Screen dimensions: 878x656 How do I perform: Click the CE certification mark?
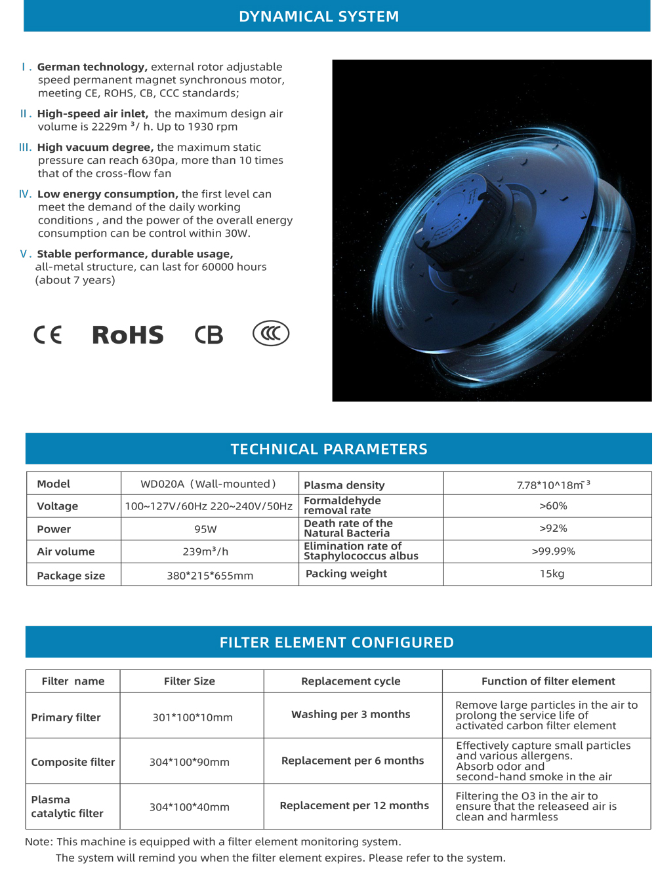tap(47, 335)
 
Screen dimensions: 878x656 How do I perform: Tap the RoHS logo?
tap(127, 335)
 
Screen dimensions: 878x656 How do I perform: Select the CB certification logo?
tap(209, 335)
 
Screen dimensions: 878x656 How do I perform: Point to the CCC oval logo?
tap(270, 334)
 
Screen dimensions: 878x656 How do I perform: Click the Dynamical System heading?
tap(319, 16)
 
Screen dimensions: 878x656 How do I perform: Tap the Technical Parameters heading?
tap(329, 449)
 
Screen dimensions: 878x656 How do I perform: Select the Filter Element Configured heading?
tap(337, 643)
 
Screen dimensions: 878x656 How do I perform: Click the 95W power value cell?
tap(205, 529)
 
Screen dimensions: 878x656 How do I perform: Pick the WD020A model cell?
tap(209, 484)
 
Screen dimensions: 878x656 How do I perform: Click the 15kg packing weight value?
tap(552, 574)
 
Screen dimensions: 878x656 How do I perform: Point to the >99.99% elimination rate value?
tap(553, 551)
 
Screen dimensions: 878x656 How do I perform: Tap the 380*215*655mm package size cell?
tap(210, 576)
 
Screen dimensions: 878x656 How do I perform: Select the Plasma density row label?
tap(344, 485)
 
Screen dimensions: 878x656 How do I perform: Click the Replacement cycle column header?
tap(350, 681)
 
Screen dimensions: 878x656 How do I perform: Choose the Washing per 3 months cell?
tap(350, 714)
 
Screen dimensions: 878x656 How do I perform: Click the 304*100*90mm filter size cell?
tap(190, 762)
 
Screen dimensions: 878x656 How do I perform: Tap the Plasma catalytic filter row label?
tap(68, 807)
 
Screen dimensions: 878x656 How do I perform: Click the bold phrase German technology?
tap(92, 67)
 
